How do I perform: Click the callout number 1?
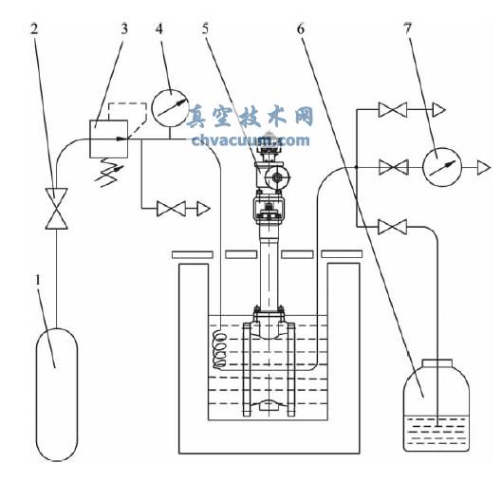[x=38, y=280]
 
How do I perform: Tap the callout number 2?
[x=34, y=28]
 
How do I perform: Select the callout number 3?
[x=124, y=28]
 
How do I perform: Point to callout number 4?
[x=159, y=28]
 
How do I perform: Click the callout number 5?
[x=205, y=28]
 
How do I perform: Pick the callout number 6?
[x=301, y=28]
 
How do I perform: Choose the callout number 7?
[x=407, y=28]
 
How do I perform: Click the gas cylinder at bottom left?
[x=57, y=394]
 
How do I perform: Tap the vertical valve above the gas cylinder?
[x=56, y=209]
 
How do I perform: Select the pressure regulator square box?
[x=109, y=139]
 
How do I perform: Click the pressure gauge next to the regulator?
[x=169, y=108]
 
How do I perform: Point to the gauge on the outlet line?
[x=442, y=167]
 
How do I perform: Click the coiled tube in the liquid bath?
[x=220, y=349]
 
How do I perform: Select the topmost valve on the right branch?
[x=393, y=110]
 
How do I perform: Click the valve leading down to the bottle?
[x=393, y=227]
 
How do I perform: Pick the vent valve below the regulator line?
[x=171, y=209]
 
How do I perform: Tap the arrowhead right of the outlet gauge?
[x=484, y=167]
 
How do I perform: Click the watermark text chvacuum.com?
[x=251, y=140]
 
